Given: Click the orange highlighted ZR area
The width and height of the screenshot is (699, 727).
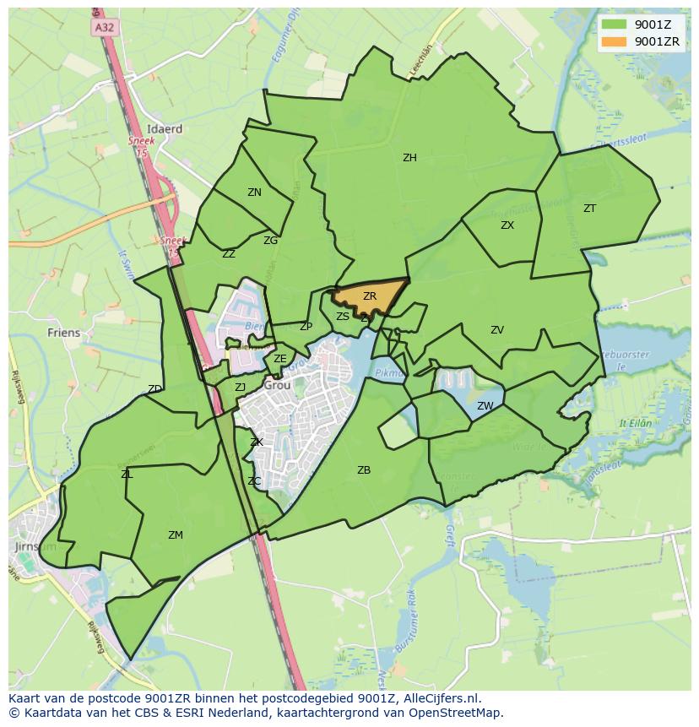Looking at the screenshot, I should pyautogui.click(x=370, y=297).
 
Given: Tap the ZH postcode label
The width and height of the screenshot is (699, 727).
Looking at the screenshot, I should pyautogui.click(x=409, y=158).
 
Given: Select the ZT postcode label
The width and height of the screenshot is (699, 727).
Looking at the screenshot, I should pyautogui.click(x=589, y=208).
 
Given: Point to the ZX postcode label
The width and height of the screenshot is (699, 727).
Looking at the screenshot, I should pyautogui.click(x=507, y=225).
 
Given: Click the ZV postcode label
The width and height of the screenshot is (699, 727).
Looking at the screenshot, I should pyautogui.click(x=497, y=330).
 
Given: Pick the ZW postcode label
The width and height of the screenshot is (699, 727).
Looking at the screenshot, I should pyautogui.click(x=485, y=406).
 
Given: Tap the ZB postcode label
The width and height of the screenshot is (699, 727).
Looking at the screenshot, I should pyautogui.click(x=364, y=470).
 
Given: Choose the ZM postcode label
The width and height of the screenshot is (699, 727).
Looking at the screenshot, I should pyautogui.click(x=176, y=535).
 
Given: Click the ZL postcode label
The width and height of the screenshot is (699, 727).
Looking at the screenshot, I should pyautogui.click(x=127, y=475).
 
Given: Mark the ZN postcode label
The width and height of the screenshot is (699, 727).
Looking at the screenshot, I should pyautogui.click(x=254, y=193).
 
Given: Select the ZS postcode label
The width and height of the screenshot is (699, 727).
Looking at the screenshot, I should pyautogui.click(x=343, y=317).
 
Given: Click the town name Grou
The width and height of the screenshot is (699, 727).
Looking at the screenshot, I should pyautogui.click(x=277, y=385).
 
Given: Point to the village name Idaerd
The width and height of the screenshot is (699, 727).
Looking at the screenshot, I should pyautogui.click(x=165, y=129).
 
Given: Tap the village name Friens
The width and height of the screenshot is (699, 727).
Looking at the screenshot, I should pyautogui.click(x=64, y=333).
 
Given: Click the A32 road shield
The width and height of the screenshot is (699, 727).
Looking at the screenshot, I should pyautogui.click(x=105, y=27).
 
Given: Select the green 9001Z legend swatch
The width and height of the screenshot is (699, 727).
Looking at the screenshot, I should pyautogui.click(x=614, y=24).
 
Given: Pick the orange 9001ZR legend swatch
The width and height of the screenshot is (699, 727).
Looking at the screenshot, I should pyautogui.click(x=614, y=41).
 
